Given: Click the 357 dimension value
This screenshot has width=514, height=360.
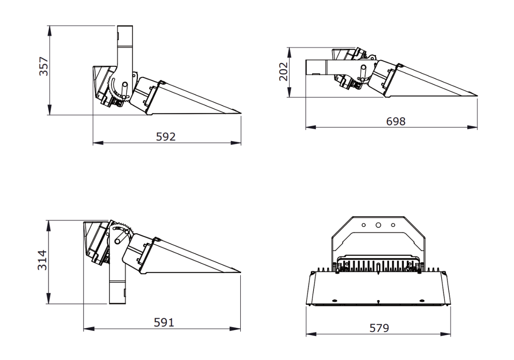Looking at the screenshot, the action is tap(44, 66).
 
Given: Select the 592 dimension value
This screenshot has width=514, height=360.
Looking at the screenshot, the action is tap(166, 137).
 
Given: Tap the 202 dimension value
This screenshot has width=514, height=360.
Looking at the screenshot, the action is tap(284, 71).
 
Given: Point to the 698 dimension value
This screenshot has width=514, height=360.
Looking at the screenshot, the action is tap(396, 121).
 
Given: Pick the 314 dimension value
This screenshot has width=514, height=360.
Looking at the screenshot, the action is tap(42, 260).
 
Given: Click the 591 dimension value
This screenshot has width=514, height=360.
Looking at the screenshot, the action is tap(164, 322).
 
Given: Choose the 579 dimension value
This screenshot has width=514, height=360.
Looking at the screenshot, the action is tap(379, 328).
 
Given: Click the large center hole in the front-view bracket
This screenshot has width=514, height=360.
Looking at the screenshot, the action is tap(378, 225).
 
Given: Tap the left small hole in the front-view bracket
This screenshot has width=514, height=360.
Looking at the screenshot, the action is tap(364, 225).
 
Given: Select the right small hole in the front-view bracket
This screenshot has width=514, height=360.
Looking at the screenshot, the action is tap(393, 225).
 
